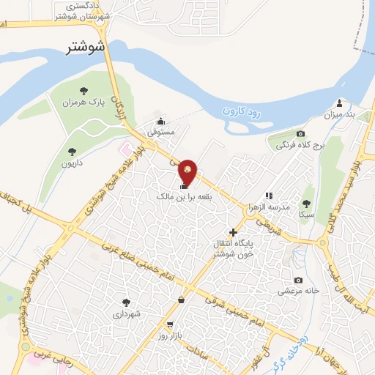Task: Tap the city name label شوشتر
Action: click(86, 48)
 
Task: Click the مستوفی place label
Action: click(161, 133)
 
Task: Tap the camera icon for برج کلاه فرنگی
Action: click(300, 133)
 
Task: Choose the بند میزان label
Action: click(339, 114)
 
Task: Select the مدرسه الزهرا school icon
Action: click(269, 196)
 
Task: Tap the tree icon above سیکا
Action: click(306, 204)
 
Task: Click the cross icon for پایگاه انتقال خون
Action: click(234, 232)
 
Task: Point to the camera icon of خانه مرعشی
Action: click(298, 280)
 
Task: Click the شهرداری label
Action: click(125, 313)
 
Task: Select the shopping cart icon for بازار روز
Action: click(170, 324)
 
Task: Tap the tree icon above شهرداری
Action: click(126, 302)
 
